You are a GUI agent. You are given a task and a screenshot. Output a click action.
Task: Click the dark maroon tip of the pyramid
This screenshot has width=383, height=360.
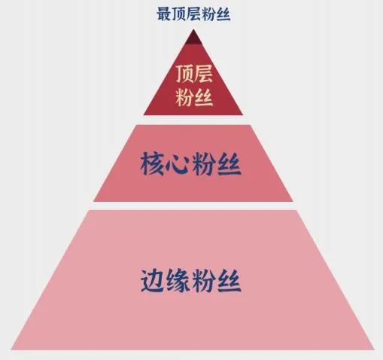(x=193, y=38)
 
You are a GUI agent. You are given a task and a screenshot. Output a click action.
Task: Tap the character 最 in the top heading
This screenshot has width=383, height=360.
(x=164, y=14)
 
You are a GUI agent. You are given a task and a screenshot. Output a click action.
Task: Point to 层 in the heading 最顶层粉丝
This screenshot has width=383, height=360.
(x=193, y=14)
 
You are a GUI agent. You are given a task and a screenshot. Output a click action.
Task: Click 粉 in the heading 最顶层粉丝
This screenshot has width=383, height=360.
(x=208, y=14)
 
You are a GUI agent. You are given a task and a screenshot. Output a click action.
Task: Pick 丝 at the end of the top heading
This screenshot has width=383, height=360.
(x=223, y=14)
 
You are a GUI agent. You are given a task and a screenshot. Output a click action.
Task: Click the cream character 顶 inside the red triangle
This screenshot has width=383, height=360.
(x=184, y=74)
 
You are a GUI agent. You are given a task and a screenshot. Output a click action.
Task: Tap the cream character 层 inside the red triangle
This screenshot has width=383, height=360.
(x=203, y=74)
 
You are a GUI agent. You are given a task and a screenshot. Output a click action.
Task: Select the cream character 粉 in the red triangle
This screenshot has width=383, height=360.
(x=184, y=97)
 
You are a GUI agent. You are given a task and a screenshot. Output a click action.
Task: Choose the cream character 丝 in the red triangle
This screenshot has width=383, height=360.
(x=204, y=97)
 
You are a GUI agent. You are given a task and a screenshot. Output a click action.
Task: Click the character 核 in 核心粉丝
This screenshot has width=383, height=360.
(x=152, y=163)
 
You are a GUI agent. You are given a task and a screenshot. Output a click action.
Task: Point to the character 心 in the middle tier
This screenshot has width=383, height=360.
(x=178, y=164)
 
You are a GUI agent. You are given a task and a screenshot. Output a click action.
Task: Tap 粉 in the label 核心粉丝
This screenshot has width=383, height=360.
(x=204, y=163)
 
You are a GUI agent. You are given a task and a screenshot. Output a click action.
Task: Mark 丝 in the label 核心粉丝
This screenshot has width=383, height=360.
(x=229, y=163)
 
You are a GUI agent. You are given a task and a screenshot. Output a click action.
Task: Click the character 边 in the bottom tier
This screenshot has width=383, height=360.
(x=153, y=281)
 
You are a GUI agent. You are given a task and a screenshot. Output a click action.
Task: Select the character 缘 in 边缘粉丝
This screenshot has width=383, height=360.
(x=178, y=281)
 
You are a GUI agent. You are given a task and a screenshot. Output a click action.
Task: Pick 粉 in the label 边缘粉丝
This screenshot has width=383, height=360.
(x=204, y=281)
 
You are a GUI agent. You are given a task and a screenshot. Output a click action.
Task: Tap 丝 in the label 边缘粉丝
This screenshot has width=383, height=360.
(x=229, y=281)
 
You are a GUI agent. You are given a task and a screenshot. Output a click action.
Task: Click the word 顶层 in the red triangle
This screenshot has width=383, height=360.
(x=194, y=74)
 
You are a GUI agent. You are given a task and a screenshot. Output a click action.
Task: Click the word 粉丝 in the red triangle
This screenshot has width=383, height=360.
(x=194, y=97)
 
